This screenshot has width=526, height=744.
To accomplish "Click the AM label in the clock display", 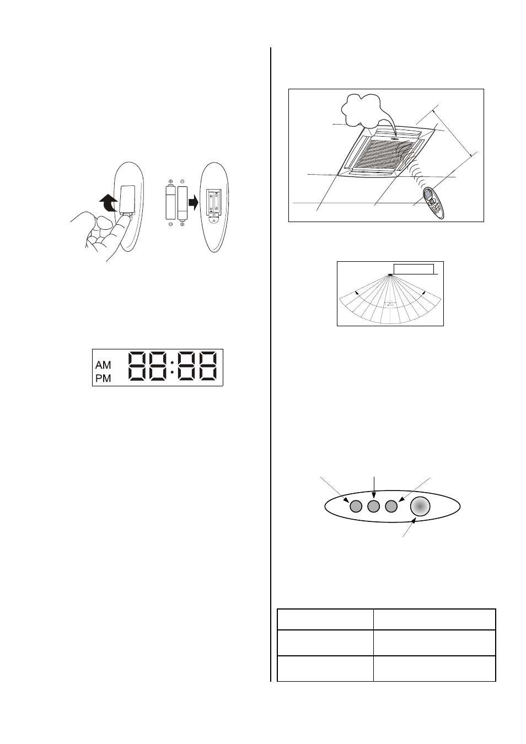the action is (103, 365).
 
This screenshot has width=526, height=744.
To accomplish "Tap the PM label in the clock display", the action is (103, 378).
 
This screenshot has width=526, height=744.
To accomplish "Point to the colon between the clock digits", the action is (172, 367).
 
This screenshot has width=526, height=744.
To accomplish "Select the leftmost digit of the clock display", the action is (138, 366).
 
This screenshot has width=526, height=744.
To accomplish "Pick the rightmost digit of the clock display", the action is (208, 366).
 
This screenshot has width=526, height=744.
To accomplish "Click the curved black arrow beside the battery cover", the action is (109, 203).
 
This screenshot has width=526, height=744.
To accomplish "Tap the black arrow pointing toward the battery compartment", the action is (193, 202).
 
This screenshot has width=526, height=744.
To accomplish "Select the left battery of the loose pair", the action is (170, 203).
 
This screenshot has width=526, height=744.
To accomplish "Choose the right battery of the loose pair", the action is (183, 203).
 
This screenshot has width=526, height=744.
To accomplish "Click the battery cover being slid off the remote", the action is (127, 200).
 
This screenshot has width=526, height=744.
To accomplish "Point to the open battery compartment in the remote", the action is (214, 201).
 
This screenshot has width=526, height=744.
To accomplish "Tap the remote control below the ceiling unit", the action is (434, 203).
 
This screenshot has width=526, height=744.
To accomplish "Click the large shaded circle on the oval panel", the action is (420, 506).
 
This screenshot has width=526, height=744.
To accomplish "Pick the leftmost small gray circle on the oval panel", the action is (356, 506).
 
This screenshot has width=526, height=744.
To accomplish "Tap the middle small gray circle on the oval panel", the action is (373, 506).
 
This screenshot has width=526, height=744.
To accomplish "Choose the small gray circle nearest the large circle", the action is (391, 506).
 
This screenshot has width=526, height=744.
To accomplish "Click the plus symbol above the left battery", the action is (170, 182).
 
